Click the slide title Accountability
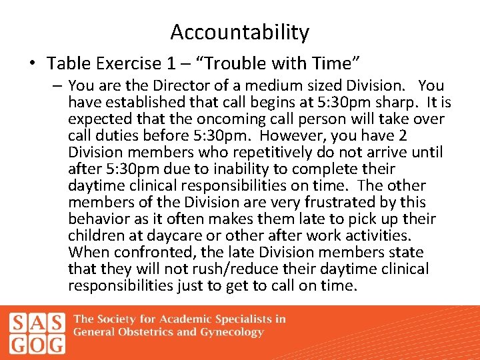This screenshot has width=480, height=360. tap(239, 32)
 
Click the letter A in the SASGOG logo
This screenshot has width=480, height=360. tap(37, 321)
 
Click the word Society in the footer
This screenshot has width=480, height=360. tap(124, 319)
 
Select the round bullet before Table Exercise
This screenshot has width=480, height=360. tap(33, 65)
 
